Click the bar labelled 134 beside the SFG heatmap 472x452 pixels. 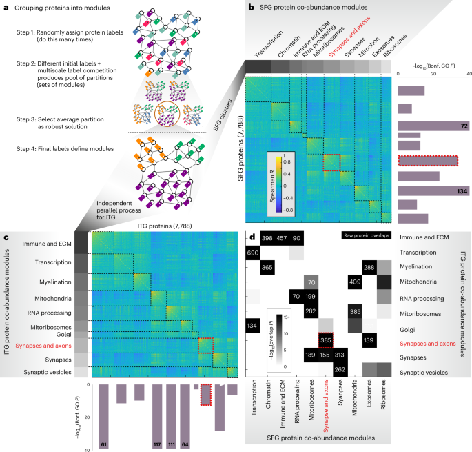(429, 190)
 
